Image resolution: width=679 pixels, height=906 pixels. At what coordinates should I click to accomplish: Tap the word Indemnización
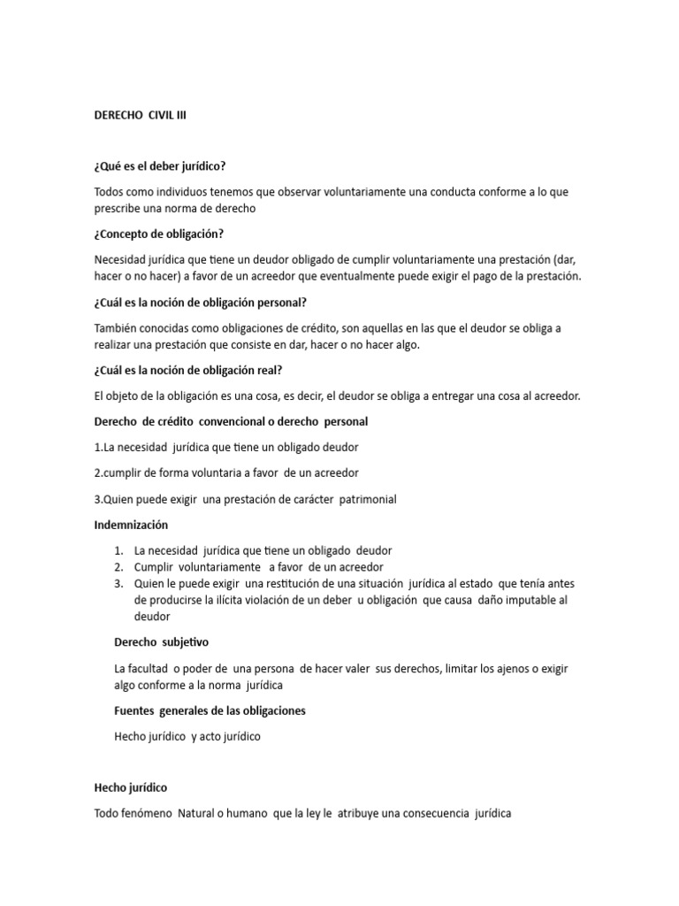(x=131, y=525)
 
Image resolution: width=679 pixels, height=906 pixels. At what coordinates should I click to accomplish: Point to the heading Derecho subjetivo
(x=162, y=641)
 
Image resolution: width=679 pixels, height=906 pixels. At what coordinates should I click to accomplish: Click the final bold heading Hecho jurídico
(x=131, y=787)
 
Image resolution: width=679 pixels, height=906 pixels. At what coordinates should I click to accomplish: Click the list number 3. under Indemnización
(x=118, y=583)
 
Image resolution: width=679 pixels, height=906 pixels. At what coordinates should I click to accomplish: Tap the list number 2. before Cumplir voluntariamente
(x=118, y=566)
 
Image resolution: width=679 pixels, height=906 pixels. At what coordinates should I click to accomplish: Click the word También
(x=118, y=327)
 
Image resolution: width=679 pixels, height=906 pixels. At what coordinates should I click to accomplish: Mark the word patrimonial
(x=361, y=499)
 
